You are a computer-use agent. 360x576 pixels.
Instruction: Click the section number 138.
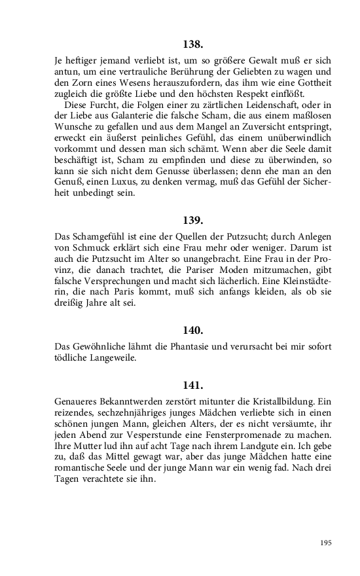click(193, 45)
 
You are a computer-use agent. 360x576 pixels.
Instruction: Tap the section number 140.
click(193, 330)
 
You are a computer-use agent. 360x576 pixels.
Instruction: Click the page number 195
click(326, 543)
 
